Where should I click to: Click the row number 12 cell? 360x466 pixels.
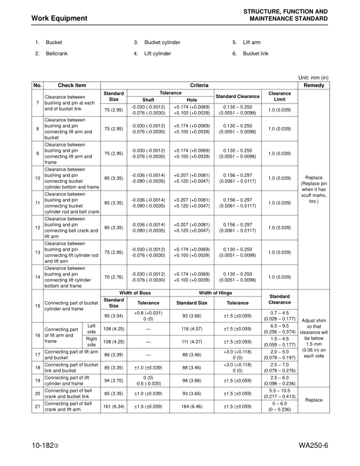pyautogui.click(x=37, y=228)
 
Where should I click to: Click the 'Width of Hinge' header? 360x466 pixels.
pyautogui.click(x=215, y=293)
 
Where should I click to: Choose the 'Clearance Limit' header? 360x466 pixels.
pyautogui.click(x=279, y=96)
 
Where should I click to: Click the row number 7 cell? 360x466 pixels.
pyautogui.click(x=37, y=104)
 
